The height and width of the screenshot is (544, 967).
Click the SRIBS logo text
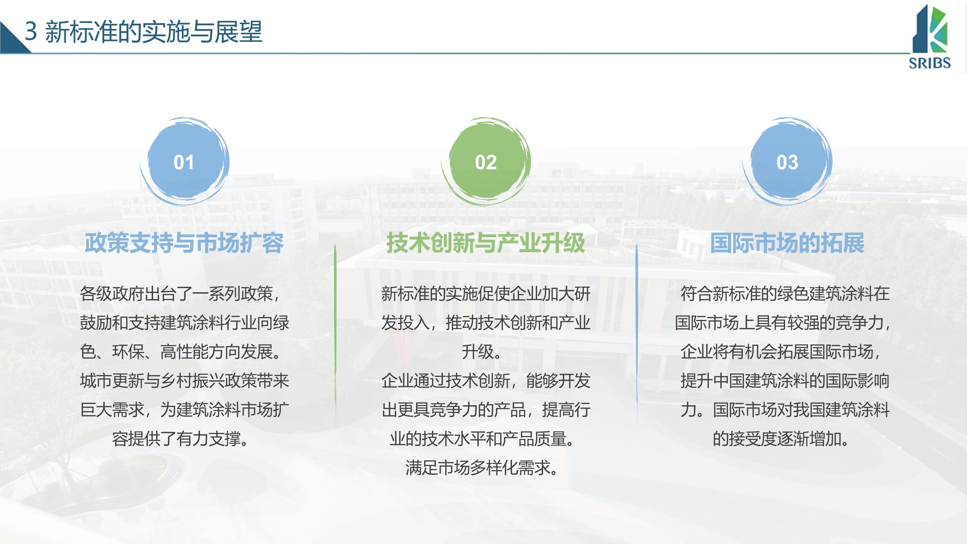930,63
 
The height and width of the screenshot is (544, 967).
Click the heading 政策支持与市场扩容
184,243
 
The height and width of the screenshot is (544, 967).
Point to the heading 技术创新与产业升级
486,243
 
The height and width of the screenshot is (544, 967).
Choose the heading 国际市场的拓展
787,243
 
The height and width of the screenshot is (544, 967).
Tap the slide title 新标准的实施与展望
154,31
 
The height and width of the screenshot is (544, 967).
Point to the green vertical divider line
335,336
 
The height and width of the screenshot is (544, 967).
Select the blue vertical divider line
637,336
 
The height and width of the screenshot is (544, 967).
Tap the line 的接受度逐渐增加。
782,439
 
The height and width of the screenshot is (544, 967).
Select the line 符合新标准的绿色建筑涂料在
785,294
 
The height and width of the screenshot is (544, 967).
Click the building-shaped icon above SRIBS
930,29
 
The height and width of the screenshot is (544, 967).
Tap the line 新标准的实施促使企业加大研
486,294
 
